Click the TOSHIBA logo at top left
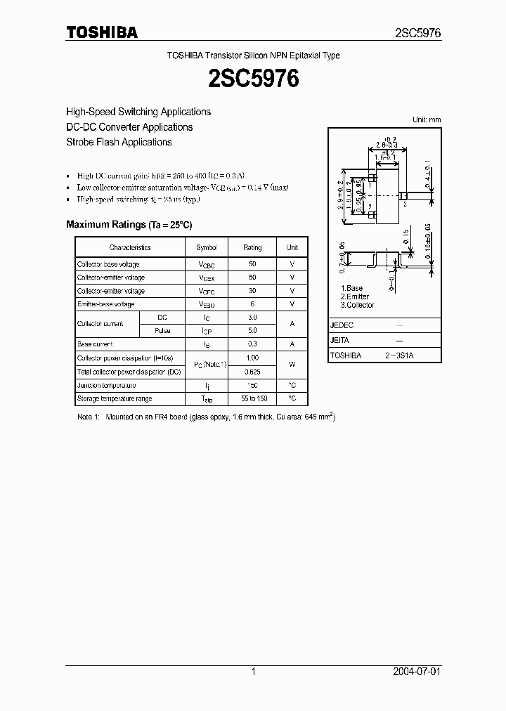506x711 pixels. tap(101, 32)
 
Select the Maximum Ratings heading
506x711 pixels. tap(129, 224)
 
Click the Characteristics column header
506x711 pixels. tap(130, 247)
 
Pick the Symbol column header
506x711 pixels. tap(207, 247)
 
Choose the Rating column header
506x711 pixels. tap(252, 247)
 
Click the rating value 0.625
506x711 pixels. tap(252, 372)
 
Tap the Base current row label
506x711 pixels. tap(95, 344)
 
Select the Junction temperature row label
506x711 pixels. tap(106, 385)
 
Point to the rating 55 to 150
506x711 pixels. tap(252, 399)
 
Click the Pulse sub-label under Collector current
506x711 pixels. tap(162, 330)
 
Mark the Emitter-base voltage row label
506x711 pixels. tap(105, 304)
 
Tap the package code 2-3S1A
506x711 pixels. tap(398, 355)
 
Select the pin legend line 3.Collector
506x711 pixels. tap(358, 305)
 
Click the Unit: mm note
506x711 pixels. tap(426, 119)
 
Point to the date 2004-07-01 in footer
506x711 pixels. tap(417, 672)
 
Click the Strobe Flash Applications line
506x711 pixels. tap(119, 142)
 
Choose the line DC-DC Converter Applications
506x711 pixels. tap(129, 127)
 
